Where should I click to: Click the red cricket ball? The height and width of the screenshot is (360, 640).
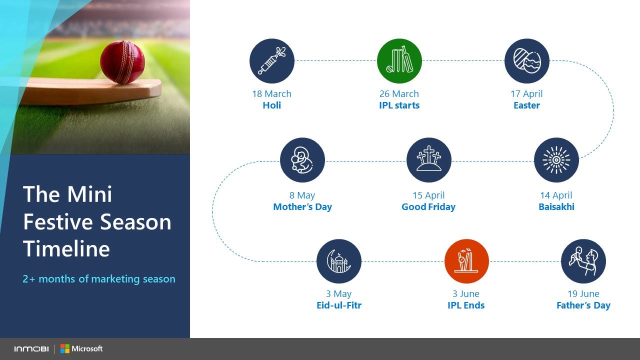click(122, 62)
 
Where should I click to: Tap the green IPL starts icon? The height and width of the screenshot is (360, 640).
click(399, 61)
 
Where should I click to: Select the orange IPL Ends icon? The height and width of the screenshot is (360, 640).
click(466, 261)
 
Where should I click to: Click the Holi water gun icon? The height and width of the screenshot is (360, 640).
click(271, 61)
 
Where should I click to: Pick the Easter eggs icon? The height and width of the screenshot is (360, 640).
click(527, 61)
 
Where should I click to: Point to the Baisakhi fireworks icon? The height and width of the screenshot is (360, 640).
click(556, 160)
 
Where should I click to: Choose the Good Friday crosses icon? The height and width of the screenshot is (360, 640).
click(429, 160)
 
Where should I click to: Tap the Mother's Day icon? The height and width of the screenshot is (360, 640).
click(302, 160)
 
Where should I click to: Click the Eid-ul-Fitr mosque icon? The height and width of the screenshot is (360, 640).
click(339, 261)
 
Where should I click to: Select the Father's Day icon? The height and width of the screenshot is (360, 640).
click(583, 261)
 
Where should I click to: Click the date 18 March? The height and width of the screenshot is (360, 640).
click(271, 93)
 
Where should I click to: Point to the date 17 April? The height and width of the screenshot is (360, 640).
click(526, 93)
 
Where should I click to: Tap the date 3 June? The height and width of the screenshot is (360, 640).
click(466, 293)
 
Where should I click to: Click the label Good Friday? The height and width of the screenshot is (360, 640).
click(428, 206)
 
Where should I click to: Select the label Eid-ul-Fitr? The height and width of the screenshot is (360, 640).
click(339, 305)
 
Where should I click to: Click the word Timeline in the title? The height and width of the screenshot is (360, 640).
click(66, 248)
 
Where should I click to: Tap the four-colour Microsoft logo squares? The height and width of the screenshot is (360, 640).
click(65, 348)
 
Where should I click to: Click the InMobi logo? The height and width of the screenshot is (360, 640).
click(31, 349)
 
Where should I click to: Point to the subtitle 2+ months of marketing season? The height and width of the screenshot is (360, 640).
click(99, 279)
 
